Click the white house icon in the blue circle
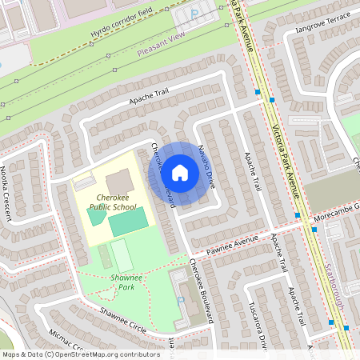coord(180,172)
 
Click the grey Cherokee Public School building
coord(119,182)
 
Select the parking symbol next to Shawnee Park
coord(179,301)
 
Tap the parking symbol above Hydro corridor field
coord(194,14)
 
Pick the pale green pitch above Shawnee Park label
coord(122,255)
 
